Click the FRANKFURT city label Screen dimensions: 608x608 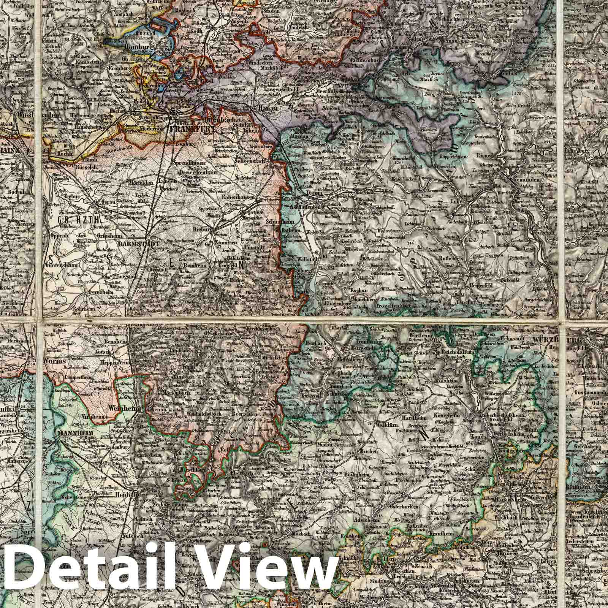[x=192, y=128]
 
